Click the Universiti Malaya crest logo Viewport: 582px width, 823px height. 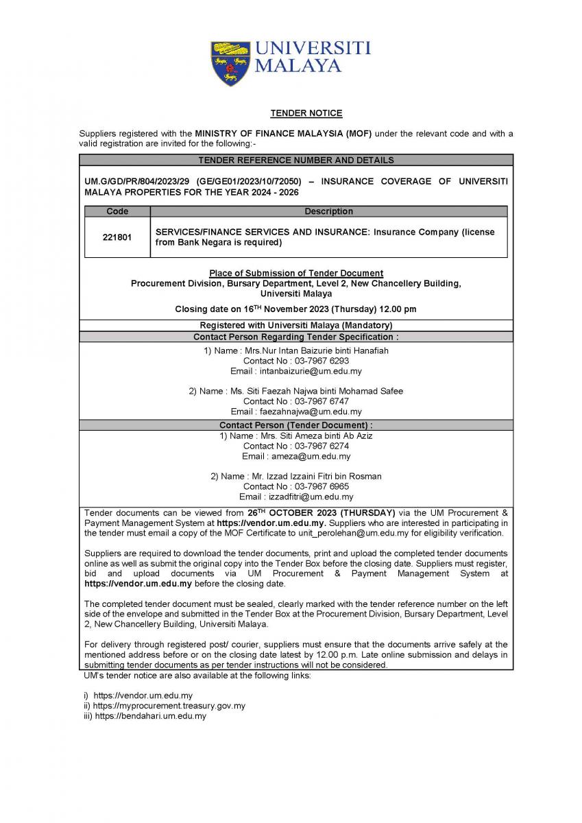point(230,62)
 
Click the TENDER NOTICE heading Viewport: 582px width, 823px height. point(296,113)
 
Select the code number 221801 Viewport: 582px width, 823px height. point(117,237)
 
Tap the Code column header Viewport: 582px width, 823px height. point(117,211)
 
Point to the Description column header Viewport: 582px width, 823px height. point(328,211)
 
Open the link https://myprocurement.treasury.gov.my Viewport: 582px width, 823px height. point(169,706)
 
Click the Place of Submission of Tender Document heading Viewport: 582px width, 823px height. point(296,274)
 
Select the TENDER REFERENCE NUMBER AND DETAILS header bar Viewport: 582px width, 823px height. point(296,160)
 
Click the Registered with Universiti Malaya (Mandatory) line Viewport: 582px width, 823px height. point(296,325)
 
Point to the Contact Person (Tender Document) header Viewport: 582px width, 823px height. point(296,426)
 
